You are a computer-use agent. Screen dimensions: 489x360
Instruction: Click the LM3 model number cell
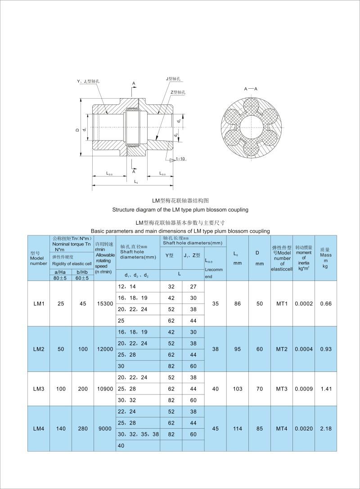coord(39,389)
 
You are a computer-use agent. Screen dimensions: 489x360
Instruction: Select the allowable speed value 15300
coord(105,303)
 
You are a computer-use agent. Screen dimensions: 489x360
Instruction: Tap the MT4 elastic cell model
coord(282,428)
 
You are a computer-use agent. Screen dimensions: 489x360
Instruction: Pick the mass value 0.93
coord(325,349)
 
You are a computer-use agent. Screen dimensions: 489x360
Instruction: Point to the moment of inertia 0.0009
coord(304,389)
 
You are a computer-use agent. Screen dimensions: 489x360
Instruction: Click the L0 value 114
coord(238,428)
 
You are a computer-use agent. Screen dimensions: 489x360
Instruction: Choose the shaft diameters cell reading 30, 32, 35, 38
coord(138,434)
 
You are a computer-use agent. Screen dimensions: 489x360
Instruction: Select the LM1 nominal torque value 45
coord(83,303)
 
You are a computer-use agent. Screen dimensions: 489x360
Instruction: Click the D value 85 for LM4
coord(260,428)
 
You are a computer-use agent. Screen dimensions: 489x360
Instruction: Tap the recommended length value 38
coord(215,349)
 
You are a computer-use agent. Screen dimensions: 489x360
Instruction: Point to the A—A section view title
coord(251,89)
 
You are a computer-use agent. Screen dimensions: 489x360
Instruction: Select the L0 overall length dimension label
coord(136,181)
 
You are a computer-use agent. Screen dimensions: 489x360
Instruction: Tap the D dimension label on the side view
coord(77,129)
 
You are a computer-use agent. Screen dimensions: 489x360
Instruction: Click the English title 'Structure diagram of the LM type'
coord(180,209)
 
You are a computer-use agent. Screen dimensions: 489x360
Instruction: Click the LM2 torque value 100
coord(83,349)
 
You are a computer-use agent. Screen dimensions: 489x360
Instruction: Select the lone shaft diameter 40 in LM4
coord(121,445)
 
